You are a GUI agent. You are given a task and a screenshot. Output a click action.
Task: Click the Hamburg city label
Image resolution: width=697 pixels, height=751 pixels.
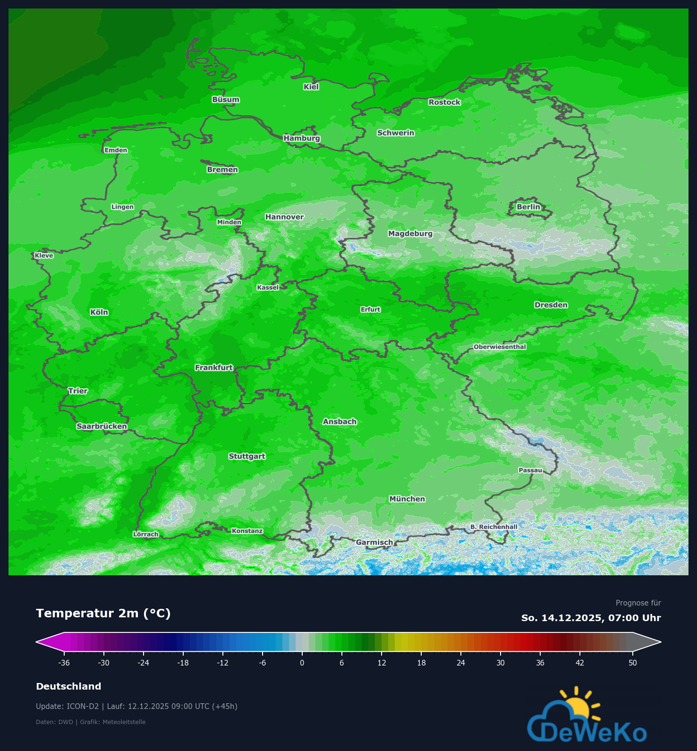(302, 138)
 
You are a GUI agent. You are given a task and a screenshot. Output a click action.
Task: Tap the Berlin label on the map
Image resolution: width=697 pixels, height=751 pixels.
(528, 207)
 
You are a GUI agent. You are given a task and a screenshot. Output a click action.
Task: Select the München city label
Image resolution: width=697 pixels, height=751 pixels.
(407, 499)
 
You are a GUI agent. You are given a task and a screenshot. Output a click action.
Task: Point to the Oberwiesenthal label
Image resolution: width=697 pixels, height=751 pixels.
(500, 347)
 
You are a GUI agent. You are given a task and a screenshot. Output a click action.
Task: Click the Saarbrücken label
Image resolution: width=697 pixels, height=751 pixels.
(102, 427)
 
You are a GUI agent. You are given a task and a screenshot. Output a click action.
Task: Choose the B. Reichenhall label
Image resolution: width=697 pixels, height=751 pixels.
(493, 527)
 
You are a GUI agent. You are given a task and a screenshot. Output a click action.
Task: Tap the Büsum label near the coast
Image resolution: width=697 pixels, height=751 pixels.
(226, 100)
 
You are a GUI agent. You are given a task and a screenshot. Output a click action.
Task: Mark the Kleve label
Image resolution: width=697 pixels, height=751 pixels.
(44, 256)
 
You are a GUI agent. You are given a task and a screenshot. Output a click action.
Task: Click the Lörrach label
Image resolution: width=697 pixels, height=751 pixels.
(145, 534)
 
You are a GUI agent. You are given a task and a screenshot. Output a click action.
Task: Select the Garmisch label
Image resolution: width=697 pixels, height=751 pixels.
(374, 542)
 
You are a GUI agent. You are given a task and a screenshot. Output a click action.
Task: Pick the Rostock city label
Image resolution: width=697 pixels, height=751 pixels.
(444, 102)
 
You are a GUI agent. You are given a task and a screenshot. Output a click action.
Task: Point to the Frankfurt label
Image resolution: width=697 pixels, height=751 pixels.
(214, 367)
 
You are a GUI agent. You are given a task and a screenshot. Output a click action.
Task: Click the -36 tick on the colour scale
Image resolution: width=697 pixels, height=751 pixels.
(64, 663)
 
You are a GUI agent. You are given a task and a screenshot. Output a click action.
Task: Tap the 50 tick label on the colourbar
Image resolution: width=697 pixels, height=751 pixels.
(632, 663)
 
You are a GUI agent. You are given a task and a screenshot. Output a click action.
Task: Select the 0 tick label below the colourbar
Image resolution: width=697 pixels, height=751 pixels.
(302, 663)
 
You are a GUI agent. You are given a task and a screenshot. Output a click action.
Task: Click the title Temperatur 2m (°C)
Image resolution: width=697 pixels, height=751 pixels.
(103, 613)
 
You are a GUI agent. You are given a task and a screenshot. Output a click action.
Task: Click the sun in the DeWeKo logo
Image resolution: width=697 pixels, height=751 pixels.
(577, 707)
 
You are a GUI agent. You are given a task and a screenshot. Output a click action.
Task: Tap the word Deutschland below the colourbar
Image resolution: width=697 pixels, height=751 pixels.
(68, 686)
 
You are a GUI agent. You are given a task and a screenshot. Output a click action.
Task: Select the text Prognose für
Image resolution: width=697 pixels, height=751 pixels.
(638, 603)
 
